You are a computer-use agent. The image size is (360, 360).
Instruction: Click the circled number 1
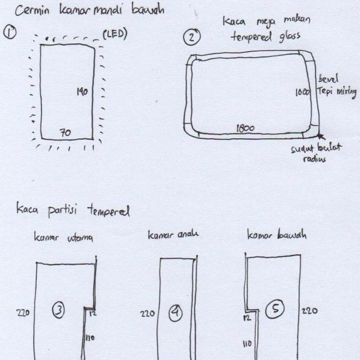tap(10, 32)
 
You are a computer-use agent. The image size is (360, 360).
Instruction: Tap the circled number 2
tap(192, 37)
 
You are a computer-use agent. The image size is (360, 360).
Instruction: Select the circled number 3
tap(58, 311)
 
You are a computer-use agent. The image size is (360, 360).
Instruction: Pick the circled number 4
tap(175, 314)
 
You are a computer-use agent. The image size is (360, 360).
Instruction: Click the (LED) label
tap(115, 35)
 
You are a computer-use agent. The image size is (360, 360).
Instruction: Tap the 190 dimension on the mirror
tap(81, 92)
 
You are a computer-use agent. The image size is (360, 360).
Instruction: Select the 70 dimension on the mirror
tap(65, 133)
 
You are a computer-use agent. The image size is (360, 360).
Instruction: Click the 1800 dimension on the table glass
tap(245, 128)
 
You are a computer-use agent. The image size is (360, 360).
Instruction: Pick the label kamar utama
tap(64, 238)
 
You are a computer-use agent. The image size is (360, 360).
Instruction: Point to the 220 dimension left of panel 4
tap(148, 314)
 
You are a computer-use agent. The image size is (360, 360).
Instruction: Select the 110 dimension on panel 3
tap(90, 337)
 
